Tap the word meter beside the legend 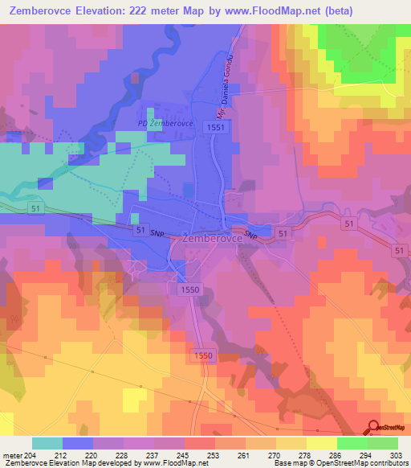14,455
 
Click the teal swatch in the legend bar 47,443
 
